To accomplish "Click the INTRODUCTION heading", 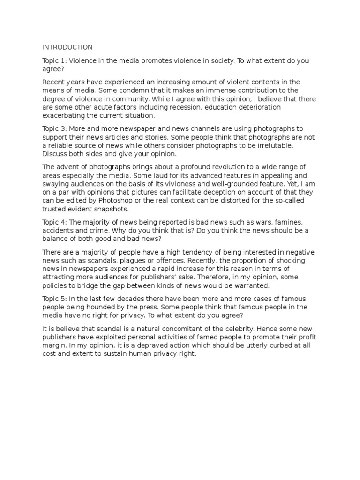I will click(x=67, y=47).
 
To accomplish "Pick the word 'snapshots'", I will click(x=108, y=209).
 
